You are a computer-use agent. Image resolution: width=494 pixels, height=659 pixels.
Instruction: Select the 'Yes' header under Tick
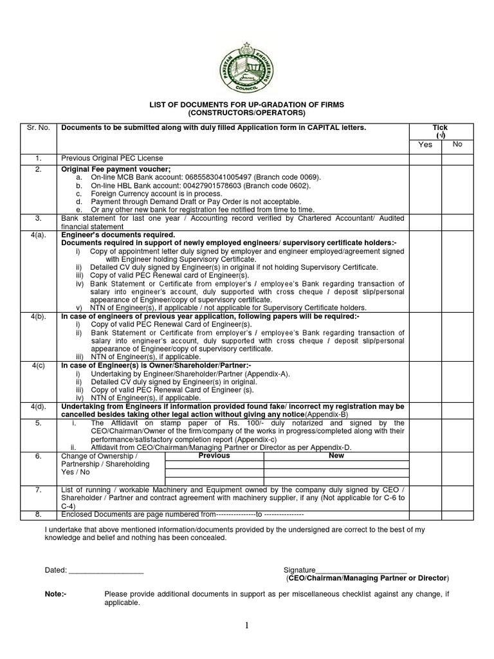pos(425,145)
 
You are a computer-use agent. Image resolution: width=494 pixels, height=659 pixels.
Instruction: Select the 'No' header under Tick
pos(457,144)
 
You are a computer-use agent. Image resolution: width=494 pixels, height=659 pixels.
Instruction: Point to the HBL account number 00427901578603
pos(195,185)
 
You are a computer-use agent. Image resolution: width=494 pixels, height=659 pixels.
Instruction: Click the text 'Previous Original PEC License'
pos(112,158)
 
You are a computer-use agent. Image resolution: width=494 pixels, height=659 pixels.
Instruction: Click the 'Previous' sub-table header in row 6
pos(214,456)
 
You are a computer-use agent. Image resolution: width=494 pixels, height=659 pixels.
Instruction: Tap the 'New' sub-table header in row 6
pos(336,456)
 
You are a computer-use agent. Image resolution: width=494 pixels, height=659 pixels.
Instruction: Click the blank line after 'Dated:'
pos(106,571)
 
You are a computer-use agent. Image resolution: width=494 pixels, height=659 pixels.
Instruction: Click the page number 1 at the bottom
pos(247,626)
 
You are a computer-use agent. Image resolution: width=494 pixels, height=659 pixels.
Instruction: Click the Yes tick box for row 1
pos(425,158)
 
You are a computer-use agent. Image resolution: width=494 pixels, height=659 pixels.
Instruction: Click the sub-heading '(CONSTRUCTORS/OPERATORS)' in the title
pos(246,113)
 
